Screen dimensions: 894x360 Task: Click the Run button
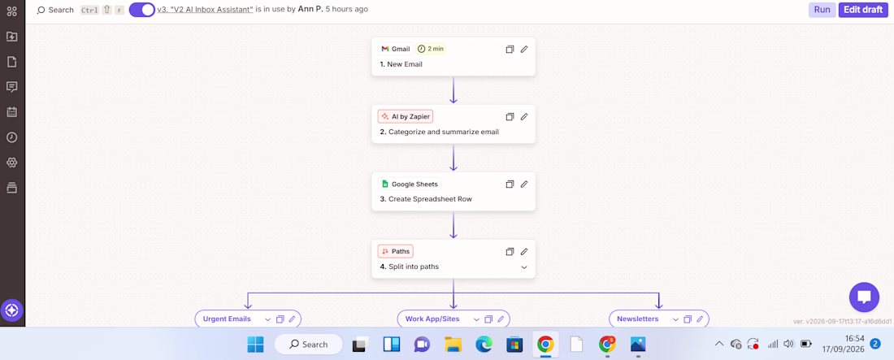tap(822, 10)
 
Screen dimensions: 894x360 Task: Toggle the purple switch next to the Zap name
tap(142, 10)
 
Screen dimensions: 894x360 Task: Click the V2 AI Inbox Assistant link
tap(206, 10)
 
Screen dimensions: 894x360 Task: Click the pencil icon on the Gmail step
tap(524, 49)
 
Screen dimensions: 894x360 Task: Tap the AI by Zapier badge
tap(406, 116)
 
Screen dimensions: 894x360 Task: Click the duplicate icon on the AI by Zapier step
tap(510, 116)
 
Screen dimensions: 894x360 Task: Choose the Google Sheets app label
tap(409, 184)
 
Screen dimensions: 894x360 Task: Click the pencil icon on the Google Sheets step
tap(524, 184)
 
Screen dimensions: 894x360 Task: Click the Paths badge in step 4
tap(395, 251)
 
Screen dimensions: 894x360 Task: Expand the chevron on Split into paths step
tap(524, 267)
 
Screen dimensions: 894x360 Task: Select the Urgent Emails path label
tap(228, 319)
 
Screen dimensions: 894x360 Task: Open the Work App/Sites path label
tap(432, 319)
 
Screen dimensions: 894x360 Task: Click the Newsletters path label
tap(637, 319)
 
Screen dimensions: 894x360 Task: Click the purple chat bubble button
tap(864, 297)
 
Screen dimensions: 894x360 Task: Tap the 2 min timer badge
tap(431, 49)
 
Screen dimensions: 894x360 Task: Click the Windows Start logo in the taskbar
tap(255, 344)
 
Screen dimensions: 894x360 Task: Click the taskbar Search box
tap(309, 344)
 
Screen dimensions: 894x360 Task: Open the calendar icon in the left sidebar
tap(11, 112)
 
